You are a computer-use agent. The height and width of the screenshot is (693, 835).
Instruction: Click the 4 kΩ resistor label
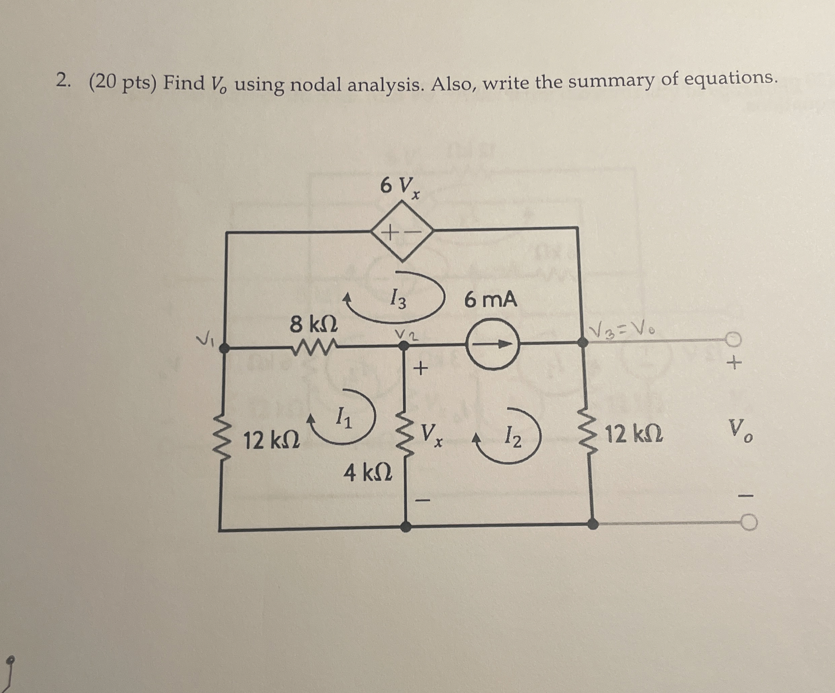click(x=368, y=473)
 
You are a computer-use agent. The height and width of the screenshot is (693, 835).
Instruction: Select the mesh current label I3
click(x=398, y=299)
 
